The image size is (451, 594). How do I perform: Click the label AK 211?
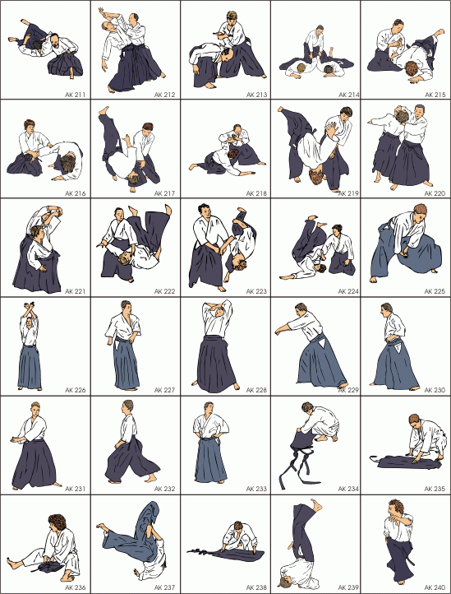[75, 95]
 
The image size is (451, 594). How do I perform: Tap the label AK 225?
[435, 291]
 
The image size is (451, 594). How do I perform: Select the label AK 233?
[256, 489]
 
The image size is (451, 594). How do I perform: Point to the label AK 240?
[435, 587]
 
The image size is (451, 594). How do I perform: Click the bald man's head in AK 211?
[53, 39]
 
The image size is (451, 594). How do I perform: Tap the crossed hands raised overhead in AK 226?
[30, 306]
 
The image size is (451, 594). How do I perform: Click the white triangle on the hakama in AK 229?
[321, 343]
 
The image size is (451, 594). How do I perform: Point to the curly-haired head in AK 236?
[58, 523]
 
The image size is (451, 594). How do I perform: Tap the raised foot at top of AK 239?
[316, 504]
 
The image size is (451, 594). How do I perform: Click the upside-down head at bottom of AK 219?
[317, 177]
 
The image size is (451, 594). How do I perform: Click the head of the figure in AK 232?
[127, 407]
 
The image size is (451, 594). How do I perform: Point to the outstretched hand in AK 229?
[278, 331]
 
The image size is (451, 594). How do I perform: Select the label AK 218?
[256, 193]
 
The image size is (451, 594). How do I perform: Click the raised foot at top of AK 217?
[104, 111]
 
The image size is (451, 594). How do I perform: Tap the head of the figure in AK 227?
[126, 307]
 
